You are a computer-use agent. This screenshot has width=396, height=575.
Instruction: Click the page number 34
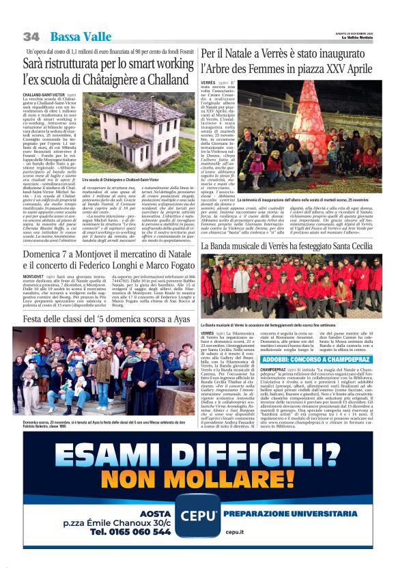(x=31, y=36)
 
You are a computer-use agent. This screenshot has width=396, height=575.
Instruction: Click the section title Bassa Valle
(x=79, y=36)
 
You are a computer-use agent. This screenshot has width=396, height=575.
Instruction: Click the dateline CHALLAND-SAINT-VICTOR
(x=46, y=94)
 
